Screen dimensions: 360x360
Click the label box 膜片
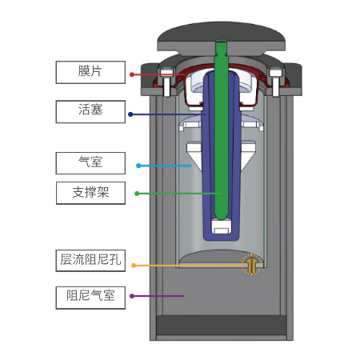[90, 72]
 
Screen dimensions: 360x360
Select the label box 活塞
[90, 111]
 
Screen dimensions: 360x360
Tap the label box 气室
[90, 163]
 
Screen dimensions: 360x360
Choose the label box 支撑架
[90, 193]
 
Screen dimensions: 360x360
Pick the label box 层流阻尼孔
[90, 261]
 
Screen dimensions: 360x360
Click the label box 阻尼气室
[90, 298]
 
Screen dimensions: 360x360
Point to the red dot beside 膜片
[132, 74]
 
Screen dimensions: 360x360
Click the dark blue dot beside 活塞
[130, 114]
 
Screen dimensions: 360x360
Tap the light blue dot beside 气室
[138, 166]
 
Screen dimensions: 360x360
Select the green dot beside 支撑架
[137, 194]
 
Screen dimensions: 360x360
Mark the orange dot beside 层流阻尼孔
[134, 266]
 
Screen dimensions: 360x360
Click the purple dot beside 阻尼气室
[132, 296]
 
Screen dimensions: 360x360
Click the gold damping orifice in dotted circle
[251, 265]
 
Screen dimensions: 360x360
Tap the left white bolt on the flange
[166, 82]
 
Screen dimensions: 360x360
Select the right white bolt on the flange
[275, 82]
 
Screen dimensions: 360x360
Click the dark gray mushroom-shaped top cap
[222, 38]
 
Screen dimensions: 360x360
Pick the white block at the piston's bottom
[221, 226]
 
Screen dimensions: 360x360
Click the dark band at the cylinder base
[222, 325]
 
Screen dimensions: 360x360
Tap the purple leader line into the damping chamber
[158, 296]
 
